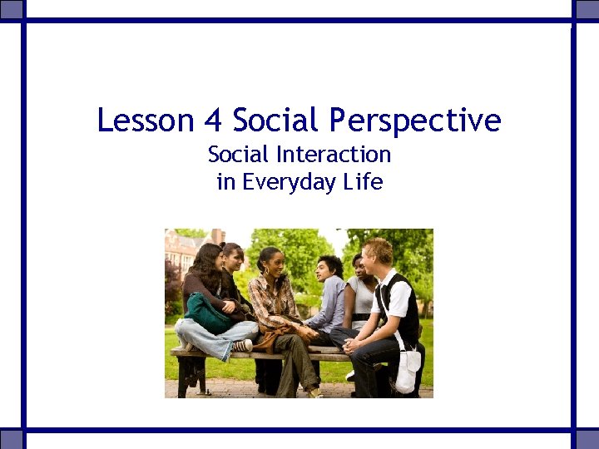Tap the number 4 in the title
(x=212, y=121)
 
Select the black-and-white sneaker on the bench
(x=240, y=345)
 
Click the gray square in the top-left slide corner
(x=12, y=11)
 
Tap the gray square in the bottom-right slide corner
(x=587, y=438)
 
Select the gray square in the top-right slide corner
(x=587, y=11)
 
